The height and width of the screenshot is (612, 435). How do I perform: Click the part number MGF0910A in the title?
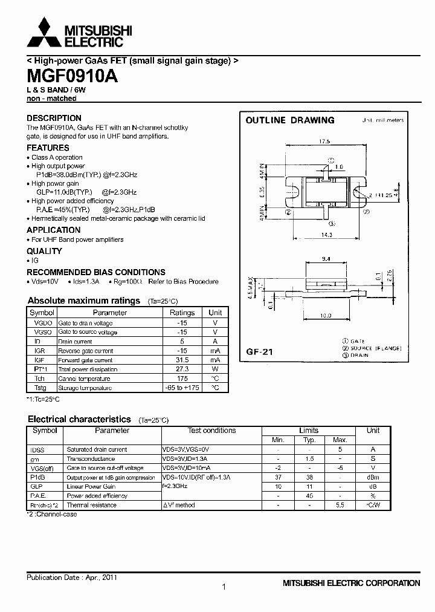click(x=72, y=77)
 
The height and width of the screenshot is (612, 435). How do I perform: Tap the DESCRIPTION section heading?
click(x=54, y=118)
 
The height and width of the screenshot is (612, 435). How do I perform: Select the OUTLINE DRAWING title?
click(x=289, y=120)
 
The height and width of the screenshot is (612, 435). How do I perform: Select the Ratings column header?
click(x=182, y=313)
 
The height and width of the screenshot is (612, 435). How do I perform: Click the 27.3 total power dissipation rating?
click(x=182, y=369)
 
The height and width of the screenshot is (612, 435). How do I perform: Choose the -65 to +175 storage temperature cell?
click(x=182, y=387)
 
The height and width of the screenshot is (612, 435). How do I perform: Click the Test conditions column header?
click(x=211, y=431)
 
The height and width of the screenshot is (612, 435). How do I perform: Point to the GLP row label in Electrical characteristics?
click(x=37, y=486)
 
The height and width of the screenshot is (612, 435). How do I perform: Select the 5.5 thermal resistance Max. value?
click(x=340, y=505)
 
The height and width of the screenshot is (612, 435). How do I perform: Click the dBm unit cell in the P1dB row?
click(x=373, y=477)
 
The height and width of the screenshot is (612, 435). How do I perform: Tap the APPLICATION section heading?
click(x=53, y=230)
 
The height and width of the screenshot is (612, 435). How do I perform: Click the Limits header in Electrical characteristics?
click(x=309, y=431)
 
